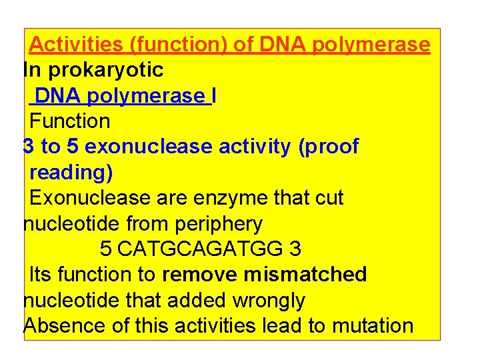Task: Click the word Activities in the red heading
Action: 77,45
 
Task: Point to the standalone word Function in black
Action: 70,121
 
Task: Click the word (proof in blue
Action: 329,147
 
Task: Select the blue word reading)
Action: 71,173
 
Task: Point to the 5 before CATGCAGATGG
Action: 105,249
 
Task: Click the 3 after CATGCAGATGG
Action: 295,249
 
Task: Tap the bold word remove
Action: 200,274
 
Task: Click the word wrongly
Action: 268,301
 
